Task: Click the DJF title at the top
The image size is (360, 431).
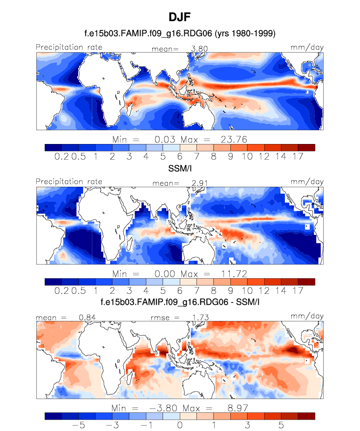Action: (x=180, y=18)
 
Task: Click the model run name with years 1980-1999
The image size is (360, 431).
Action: (x=180, y=34)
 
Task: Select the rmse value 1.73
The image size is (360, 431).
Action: (x=194, y=317)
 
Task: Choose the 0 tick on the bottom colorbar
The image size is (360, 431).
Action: (x=180, y=425)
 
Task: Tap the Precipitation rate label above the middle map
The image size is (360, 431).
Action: (x=69, y=181)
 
